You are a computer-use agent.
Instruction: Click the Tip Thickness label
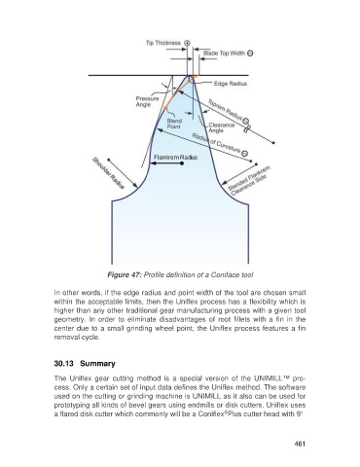pos(163,43)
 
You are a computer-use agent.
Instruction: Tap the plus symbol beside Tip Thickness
pos(187,43)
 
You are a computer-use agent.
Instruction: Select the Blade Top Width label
pos(224,54)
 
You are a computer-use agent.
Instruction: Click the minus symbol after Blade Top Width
pos(250,54)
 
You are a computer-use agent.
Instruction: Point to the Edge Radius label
pos(231,84)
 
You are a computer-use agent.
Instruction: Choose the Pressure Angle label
pos(147,101)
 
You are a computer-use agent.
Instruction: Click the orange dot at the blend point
pos(165,108)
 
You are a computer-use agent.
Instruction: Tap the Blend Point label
pos(174,124)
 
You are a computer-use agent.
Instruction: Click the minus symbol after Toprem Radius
pos(245,122)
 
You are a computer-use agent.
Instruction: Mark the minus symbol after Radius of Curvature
pos(245,154)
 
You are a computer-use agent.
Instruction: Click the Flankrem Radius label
pos(175,158)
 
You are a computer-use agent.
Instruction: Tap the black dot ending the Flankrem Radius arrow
pos(182,163)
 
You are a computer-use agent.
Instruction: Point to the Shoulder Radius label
pos(109,173)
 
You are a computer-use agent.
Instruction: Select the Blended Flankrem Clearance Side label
pos(249,181)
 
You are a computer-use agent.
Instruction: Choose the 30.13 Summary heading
pos(85,364)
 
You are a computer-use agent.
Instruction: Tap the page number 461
pos(300,444)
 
